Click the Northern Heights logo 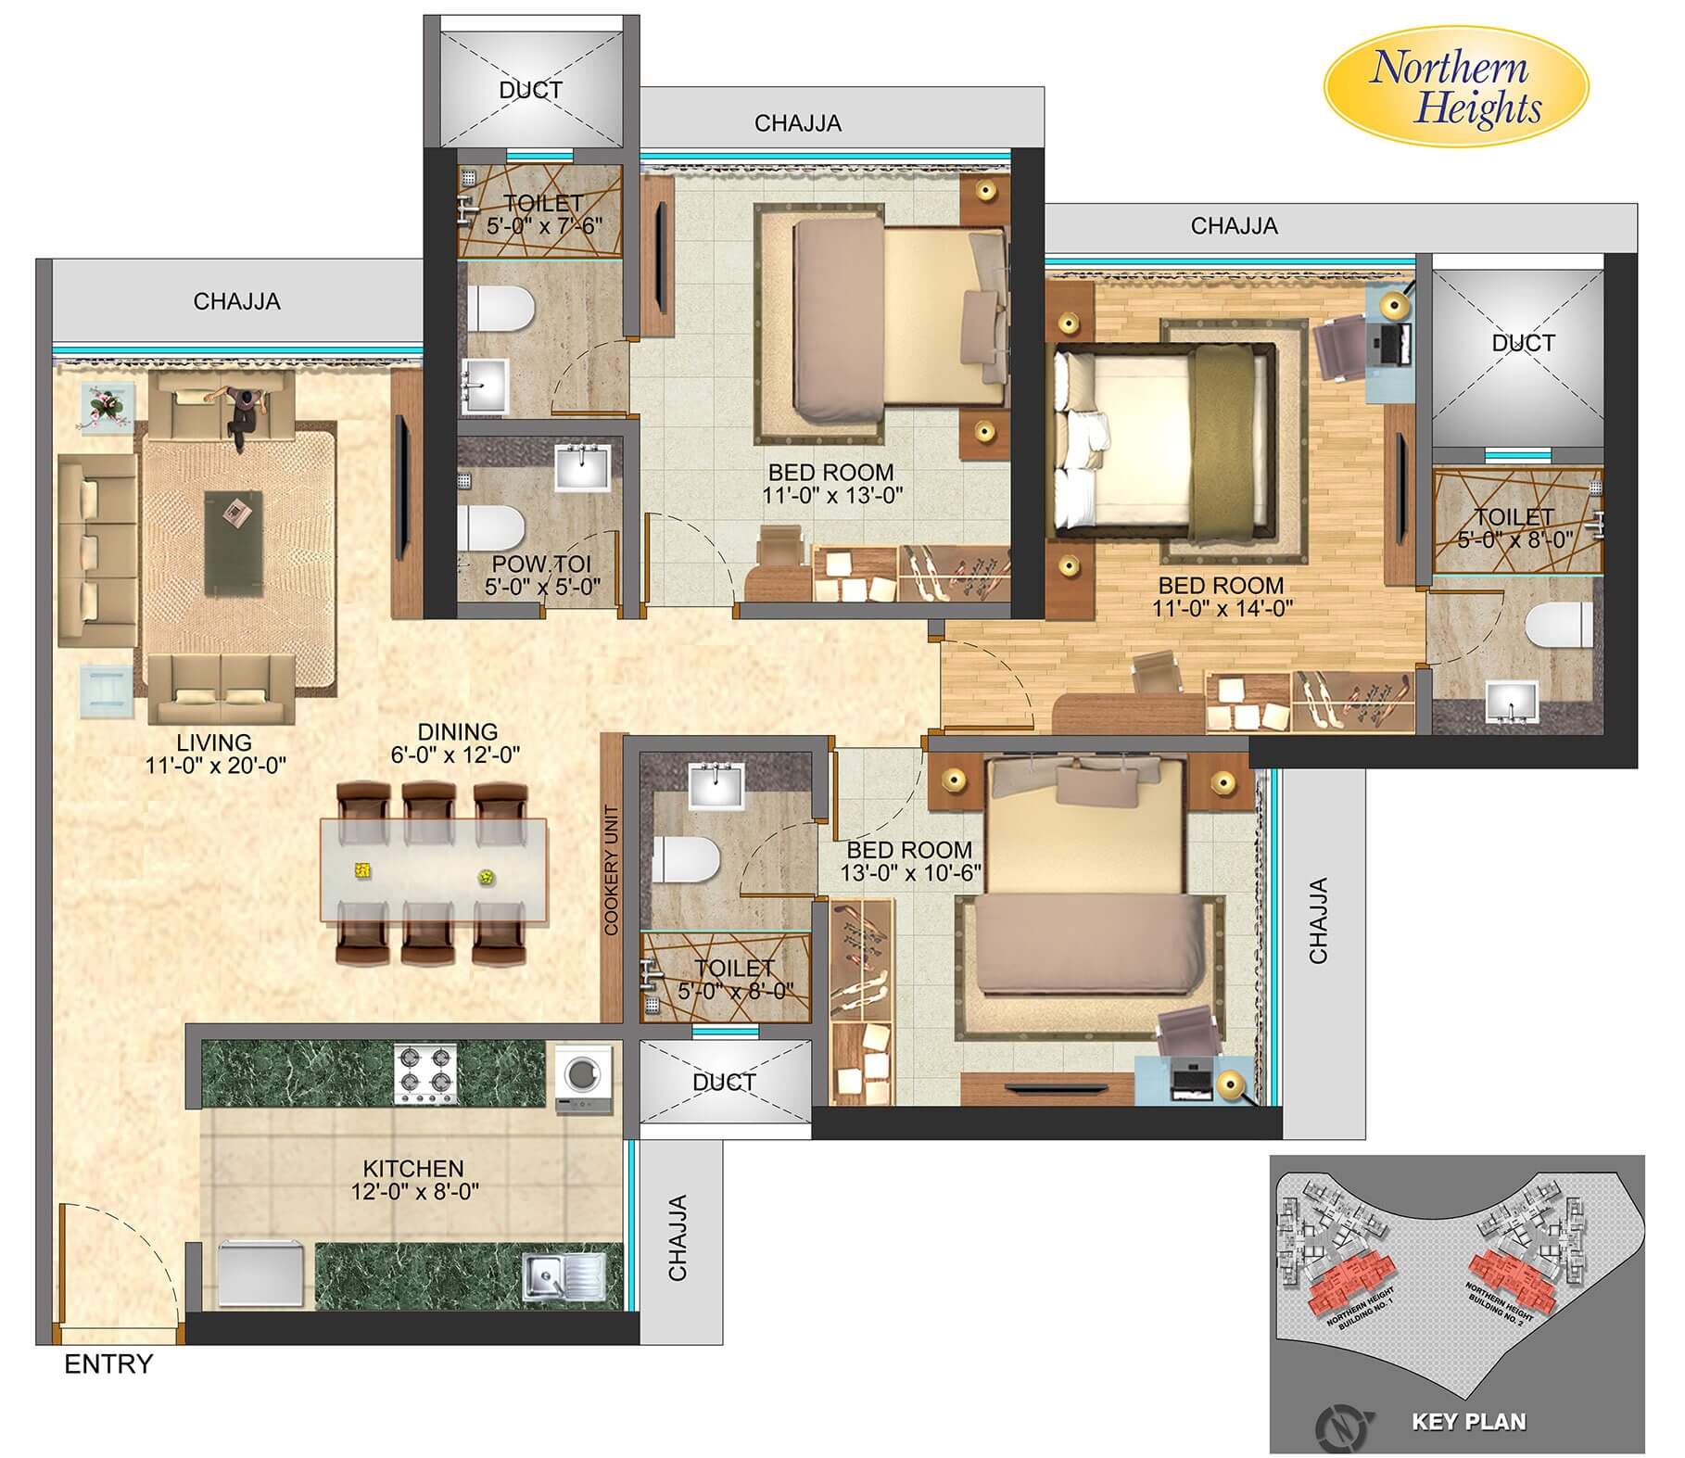pyautogui.click(x=1455, y=89)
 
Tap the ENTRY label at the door pyautogui.click(x=108, y=1364)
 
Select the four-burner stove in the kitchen pyautogui.click(x=426, y=1074)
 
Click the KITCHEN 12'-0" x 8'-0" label pyautogui.click(x=413, y=1180)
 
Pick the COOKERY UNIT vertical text pyautogui.click(x=611, y=870)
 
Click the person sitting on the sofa pyautogui.click(x=243, y=416)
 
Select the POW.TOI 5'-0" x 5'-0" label pyautogui.click(x=542, y=575)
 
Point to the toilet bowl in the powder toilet pyautogui.click(x=491, y=526)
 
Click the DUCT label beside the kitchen pyautogui.click(x=724, y=1082)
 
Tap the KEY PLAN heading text pyautogui.click(x=1468, y=1421)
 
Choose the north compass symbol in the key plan pyautogui.click(x=1337, y=1420)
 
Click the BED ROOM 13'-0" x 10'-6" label pyautogui.click(x=910, y=861)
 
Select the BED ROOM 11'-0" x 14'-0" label pyautogui.click(x=1221, y=597)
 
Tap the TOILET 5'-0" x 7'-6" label pyautogui.click(x=543, y=213)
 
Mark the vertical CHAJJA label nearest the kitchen pyautogui.click(x=678, y=1237)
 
